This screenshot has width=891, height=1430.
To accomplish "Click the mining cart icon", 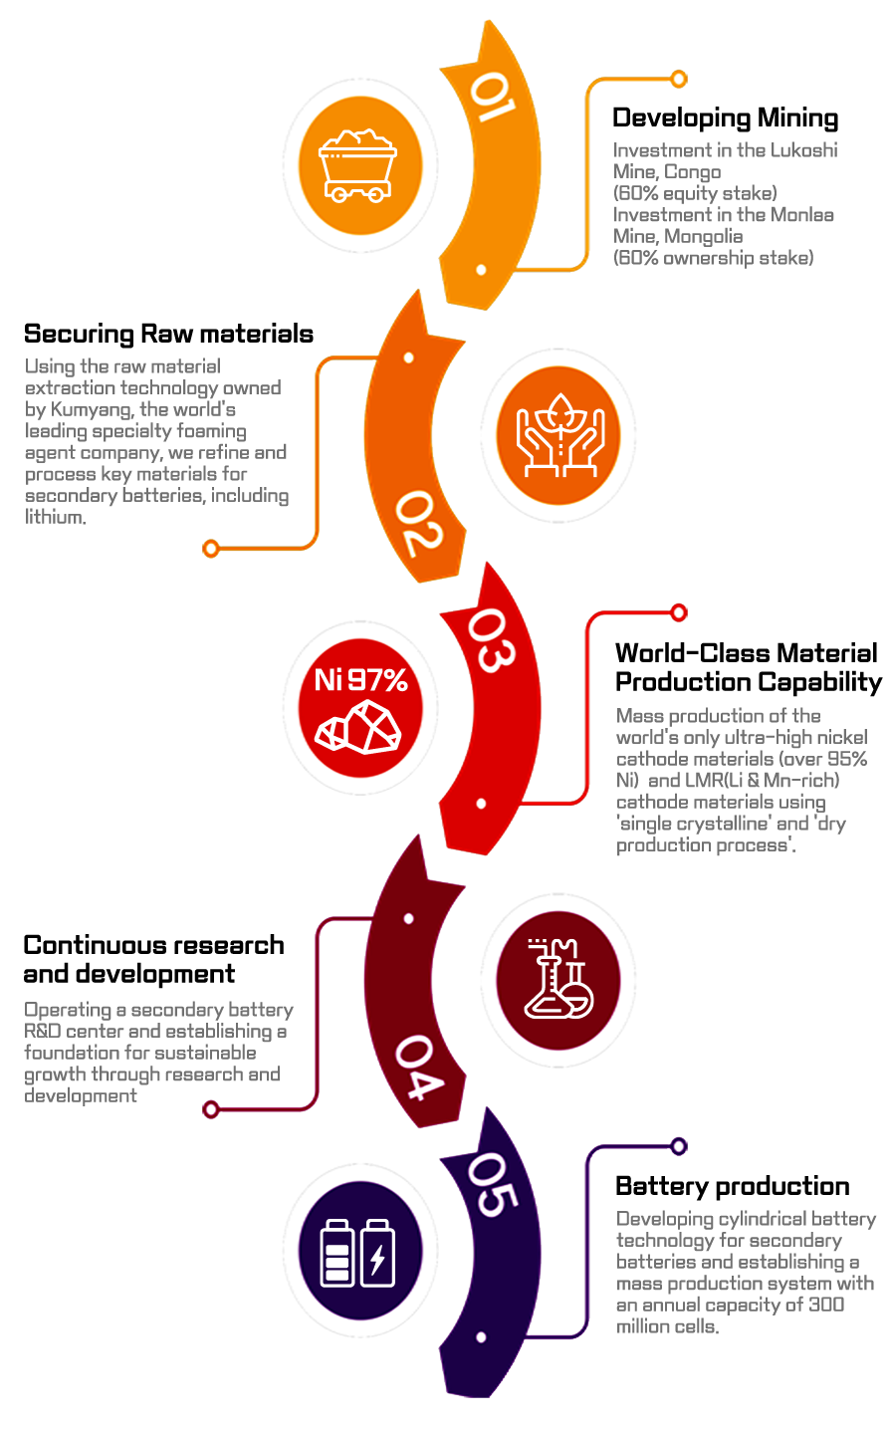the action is [x=357, y=166].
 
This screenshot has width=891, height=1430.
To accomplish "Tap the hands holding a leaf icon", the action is [x=559, y=435].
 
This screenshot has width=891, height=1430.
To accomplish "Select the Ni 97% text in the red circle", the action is [x=360, y=680].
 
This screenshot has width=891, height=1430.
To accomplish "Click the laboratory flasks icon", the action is [x=559, y=978].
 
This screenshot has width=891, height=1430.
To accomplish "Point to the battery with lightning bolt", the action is [x=378, y=1253].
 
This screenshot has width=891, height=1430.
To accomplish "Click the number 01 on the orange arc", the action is [x=492, y=96].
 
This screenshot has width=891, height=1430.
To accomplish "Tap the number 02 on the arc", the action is [x=419, y=524].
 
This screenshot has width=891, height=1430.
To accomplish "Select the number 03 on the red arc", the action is [x=491, y=640].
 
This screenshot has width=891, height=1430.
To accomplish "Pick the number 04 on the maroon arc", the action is [x=419, y=1068].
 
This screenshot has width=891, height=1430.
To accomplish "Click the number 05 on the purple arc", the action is [x=492, y=1185].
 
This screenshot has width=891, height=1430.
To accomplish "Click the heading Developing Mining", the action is [x=726, y=119].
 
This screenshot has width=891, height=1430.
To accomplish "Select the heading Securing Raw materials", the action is [x=168, y=335].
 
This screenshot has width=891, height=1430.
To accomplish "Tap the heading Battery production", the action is [x=733, y=1187].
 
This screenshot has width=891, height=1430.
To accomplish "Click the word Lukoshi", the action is [x=804, y=150].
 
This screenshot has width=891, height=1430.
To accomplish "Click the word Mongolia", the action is [x=704, y=237].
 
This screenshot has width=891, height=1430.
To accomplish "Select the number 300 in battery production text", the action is [x=826, y=1305].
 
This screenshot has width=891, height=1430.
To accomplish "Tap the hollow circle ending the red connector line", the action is [x=679, y=612].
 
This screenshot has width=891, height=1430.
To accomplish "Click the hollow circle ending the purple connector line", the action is [x=679, y=1146].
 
